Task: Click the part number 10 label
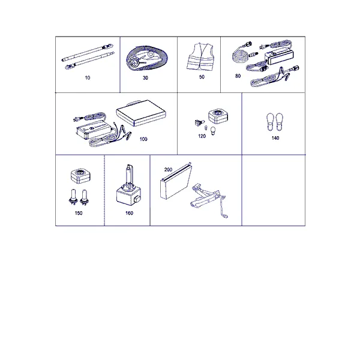88,78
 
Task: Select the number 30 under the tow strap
145,78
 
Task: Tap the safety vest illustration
200,56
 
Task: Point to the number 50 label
202,77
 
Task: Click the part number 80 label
238,76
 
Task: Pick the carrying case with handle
141,113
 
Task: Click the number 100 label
143,139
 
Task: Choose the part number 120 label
202,136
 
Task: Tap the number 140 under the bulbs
275,138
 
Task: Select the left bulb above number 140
270,122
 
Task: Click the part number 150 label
79,213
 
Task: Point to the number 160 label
129,213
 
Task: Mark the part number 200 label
168,169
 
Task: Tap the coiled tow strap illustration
147,58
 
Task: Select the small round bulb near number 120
213,131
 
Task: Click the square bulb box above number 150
80,176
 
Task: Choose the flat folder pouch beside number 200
176,181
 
